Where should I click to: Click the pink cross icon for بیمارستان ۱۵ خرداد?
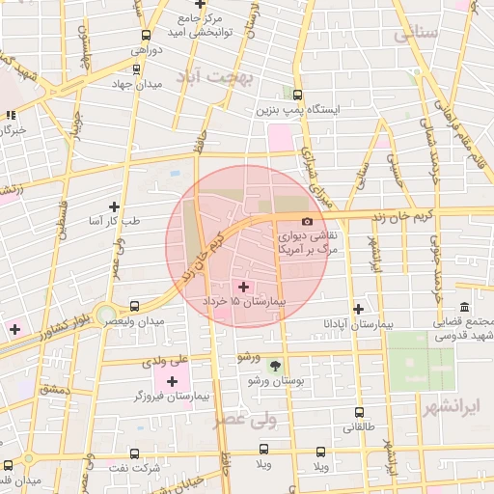[x=242, y=286]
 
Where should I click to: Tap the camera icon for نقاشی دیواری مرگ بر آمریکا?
[x=307, y=221]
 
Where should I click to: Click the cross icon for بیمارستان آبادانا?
[x=359, y=309]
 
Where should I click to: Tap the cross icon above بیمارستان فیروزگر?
[x=172, y=381]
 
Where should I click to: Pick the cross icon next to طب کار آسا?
[x=115, y=206]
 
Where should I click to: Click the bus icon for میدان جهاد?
[x=135, y=69]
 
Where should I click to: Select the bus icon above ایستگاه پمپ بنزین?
[x=297, y=95]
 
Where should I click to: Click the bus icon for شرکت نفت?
[x=134, y=453]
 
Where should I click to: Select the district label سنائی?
[x=417, y=34]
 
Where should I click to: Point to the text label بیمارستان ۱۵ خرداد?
[x=245, y=302]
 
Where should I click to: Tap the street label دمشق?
[x=56, y=389]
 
